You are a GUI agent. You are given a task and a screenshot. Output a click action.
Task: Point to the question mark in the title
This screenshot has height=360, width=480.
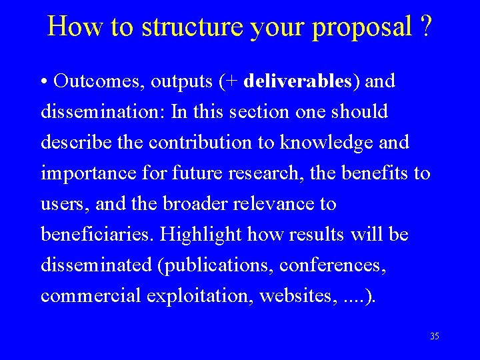pos(425,27)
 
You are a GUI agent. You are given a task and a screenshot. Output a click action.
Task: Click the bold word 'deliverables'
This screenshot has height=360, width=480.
pos(298,81)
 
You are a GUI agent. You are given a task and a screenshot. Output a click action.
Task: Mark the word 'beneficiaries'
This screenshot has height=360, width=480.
pos(97,235)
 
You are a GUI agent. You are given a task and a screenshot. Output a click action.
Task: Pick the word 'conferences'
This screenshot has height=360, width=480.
pos(333,265)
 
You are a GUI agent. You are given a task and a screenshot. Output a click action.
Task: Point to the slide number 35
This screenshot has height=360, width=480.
pos(435,337)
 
